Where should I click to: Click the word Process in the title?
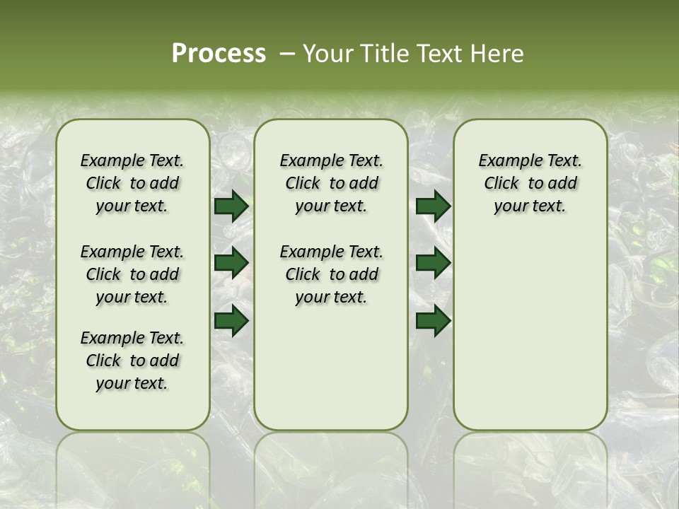219,54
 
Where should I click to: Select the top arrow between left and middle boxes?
231,206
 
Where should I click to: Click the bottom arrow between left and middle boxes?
231,320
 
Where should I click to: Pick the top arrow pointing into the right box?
433,206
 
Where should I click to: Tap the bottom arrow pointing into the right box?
433,320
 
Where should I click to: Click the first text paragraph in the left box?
132,183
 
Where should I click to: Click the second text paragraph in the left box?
132,274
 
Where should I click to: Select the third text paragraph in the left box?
132,361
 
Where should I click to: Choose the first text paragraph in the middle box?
331,183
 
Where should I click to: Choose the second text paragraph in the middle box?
331,274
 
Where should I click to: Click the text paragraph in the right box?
530,183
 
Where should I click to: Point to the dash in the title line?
287,54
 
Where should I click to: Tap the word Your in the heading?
326,54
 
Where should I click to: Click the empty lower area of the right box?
530,339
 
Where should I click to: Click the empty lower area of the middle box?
331,368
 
